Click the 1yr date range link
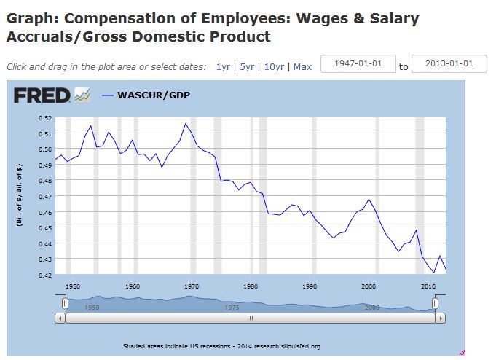222,66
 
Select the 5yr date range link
247,66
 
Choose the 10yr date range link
274,66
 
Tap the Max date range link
302,66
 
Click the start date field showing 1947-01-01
358,63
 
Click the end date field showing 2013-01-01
448,63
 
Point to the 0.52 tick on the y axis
44,118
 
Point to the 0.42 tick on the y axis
44,275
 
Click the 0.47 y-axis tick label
44,197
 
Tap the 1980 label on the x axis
251,286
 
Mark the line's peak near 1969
186,124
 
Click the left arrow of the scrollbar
60,318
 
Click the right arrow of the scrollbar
440,318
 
